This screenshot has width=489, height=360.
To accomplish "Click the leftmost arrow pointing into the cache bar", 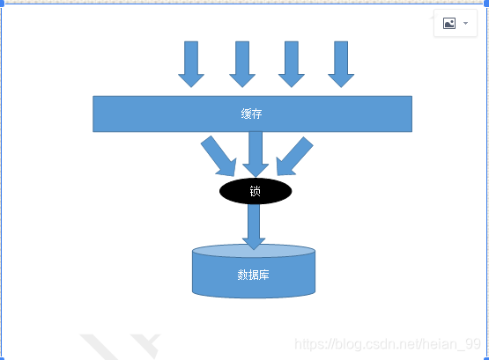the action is click(x=191, y=64).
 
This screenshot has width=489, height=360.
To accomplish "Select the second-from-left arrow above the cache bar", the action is click(x=242, y=64).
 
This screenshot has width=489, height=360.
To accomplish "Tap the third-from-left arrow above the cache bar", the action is click(x=292, y=64).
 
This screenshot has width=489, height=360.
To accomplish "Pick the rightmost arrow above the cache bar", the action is click(x=341, y=64).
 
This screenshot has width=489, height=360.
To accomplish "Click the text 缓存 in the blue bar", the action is click(x=251, y=114).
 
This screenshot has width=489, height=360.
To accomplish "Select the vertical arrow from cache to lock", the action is click(x=256, y=154).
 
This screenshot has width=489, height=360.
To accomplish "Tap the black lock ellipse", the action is click(x=256, y=191).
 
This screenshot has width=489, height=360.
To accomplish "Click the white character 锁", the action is click(x=256, y=191).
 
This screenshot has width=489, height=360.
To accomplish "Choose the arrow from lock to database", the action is click(x=254, y=227).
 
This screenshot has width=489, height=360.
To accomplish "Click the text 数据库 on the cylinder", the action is click(x=253, y=275).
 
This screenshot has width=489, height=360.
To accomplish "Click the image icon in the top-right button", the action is click(x=449, y=24).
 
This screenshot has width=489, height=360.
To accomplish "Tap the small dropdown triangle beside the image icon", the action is click(x=465, y=24).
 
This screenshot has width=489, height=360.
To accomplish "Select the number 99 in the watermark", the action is click(x=472, y=344).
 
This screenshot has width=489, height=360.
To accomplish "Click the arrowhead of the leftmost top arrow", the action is click(x=191, y=80).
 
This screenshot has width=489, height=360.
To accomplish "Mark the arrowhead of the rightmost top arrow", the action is click(x=341, y=80).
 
